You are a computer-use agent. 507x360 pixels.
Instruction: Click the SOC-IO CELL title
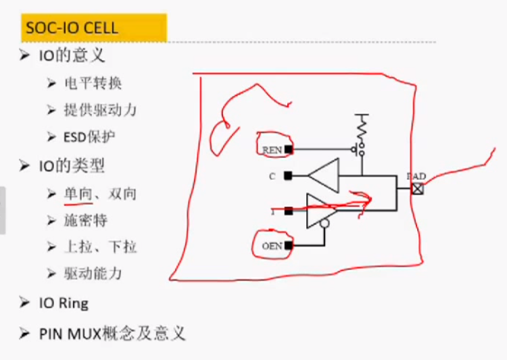tap(71, 28)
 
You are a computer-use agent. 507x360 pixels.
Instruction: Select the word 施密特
tap(86, 220)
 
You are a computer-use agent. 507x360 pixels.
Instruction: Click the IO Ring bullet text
tap(64, 303)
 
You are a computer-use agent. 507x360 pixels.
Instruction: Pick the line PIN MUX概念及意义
tap(112, 333)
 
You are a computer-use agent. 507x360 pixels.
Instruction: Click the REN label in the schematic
tap(271, 149)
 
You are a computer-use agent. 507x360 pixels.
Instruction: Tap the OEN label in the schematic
tap(271, 246)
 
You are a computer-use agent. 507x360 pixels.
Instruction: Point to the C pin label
tap(272, 176)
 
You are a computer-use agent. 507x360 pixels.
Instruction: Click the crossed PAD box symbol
tap(418, 189)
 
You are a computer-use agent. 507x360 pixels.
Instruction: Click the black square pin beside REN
tap(288, 149)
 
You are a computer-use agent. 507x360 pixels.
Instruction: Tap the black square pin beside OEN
tap(288, 246)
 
